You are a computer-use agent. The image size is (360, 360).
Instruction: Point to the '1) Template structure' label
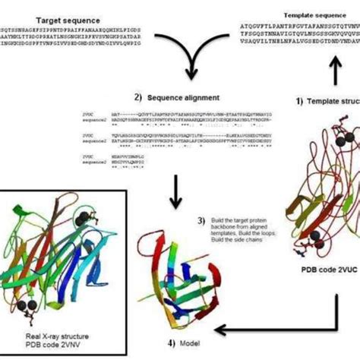point(327,100)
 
